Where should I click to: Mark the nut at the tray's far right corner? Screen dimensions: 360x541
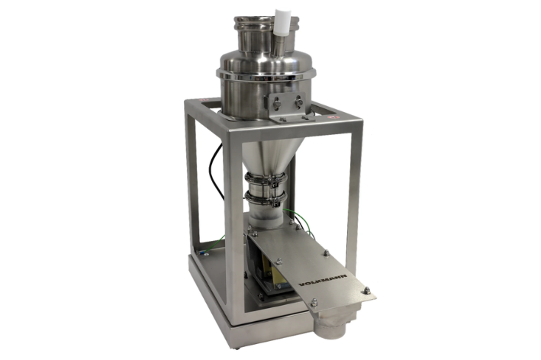(366, 291)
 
